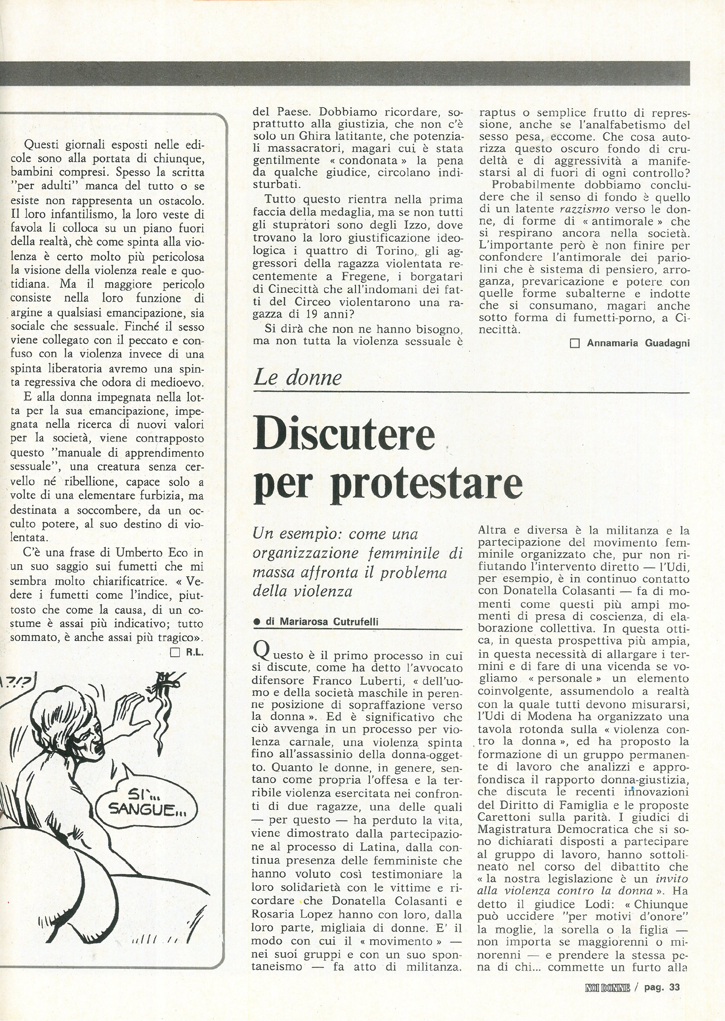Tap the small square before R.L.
175,653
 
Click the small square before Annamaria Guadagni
575,343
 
